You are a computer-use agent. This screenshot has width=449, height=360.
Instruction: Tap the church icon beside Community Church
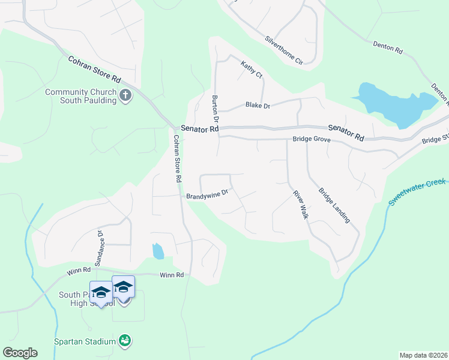click(x=125, y=95)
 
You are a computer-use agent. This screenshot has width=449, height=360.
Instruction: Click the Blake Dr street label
click(x=258, y=106)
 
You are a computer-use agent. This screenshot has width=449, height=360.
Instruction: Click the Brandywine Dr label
click(x=208, y=194)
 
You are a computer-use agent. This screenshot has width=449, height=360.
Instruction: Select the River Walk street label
click(x=300, y=205)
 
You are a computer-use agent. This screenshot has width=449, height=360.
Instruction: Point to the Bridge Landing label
click(x=334, y=206)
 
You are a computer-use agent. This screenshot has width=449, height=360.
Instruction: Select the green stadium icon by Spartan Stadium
click(x=125, y=341)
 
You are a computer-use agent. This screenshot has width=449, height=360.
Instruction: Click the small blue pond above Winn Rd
click(x=158, y=251)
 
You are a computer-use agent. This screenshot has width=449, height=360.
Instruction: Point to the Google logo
click(x=20, y=353)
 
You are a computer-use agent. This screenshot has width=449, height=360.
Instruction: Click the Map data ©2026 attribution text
click(x=423, y=355)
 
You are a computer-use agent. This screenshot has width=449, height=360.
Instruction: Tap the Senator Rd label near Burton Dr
click(x=200, y=129)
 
